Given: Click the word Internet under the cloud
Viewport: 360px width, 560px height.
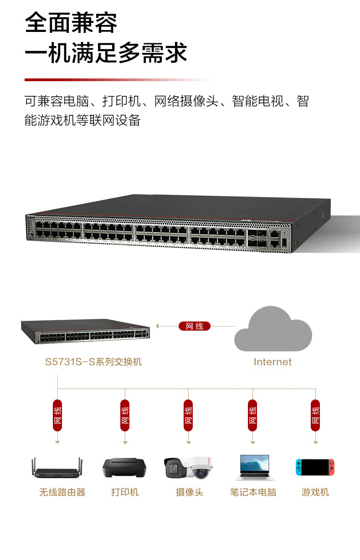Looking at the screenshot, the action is tap(273, 362).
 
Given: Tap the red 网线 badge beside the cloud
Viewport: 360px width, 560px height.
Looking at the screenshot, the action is tap(195, 326).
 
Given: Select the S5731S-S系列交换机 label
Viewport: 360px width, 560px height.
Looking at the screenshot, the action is tap(93, 362).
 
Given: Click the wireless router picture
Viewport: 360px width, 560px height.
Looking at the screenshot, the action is tap(57, 469).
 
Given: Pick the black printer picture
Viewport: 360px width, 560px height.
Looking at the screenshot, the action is tap(125, 468).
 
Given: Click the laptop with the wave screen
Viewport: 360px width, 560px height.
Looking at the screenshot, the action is tap(252, 467).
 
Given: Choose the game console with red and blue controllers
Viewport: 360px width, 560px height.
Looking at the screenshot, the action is tap(315, 467).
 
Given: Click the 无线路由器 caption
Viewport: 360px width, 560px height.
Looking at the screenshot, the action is tap(62, 493).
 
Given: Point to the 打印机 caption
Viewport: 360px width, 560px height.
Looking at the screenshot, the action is tap(125, 493).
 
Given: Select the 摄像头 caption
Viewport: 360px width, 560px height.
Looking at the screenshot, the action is tap(189, 493).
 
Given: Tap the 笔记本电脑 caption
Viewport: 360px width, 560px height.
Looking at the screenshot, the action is tap(253, 493).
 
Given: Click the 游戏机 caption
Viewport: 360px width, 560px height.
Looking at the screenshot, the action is tap(315, 493).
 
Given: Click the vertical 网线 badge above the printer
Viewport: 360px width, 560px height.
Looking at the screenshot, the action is tap(125, 415).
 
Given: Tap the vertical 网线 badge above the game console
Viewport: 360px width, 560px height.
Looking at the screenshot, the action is tap(315, 415).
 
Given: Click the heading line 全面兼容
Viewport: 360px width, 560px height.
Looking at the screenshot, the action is tap(71, 23).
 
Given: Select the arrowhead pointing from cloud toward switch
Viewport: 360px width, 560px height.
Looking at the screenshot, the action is tap(158, 326).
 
